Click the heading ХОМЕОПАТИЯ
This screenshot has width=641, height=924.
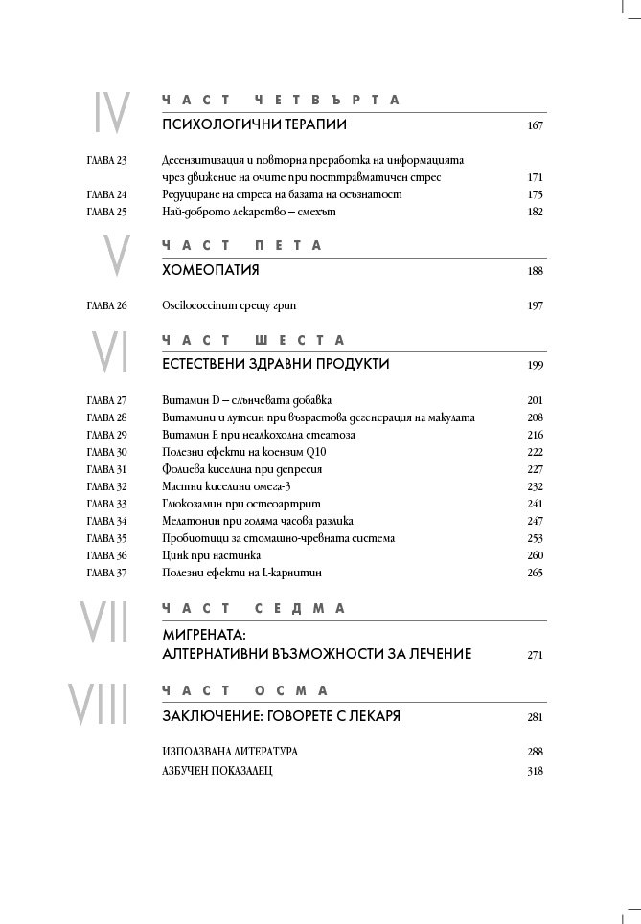coord(211,270)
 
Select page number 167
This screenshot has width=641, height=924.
coord(535,125)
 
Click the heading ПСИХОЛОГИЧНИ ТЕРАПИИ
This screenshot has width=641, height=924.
coord(254,125)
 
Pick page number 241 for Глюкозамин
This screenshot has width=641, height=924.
coord(535,504)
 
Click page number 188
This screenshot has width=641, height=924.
coord(535,271)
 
